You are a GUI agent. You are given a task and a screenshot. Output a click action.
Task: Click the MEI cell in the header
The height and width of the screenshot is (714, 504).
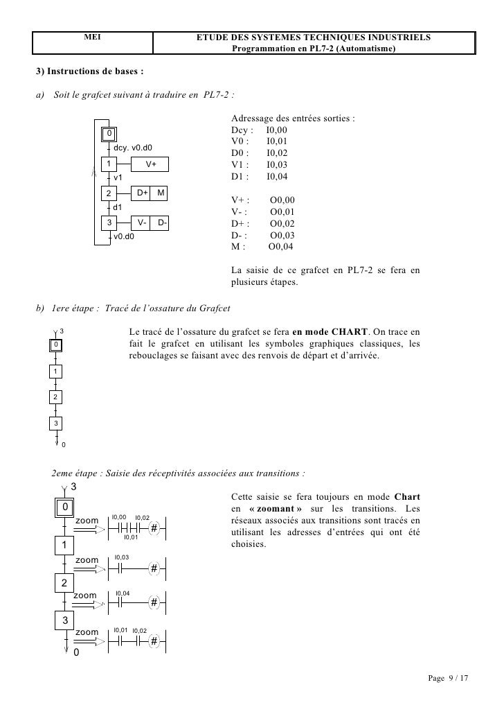93,35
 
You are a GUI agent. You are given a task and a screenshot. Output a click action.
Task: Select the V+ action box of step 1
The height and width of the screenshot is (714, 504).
151,164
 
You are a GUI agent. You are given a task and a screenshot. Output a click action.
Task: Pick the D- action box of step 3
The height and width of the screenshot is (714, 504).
161,223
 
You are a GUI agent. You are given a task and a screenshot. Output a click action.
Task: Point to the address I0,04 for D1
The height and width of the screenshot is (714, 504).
276,177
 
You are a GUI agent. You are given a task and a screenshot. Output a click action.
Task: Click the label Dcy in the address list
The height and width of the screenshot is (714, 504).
242,130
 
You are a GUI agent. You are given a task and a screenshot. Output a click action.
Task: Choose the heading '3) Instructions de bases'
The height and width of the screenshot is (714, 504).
90,72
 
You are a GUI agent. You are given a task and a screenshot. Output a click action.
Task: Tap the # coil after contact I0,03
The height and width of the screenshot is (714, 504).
154,568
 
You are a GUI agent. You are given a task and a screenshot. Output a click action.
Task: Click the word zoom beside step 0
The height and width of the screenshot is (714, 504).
87,520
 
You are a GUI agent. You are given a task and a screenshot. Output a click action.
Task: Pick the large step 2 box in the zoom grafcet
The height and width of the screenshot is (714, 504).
64,583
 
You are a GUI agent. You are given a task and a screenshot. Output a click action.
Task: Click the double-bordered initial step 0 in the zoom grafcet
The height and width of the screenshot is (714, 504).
64,508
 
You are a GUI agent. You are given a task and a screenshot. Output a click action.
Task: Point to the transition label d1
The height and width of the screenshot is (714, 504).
118,207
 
